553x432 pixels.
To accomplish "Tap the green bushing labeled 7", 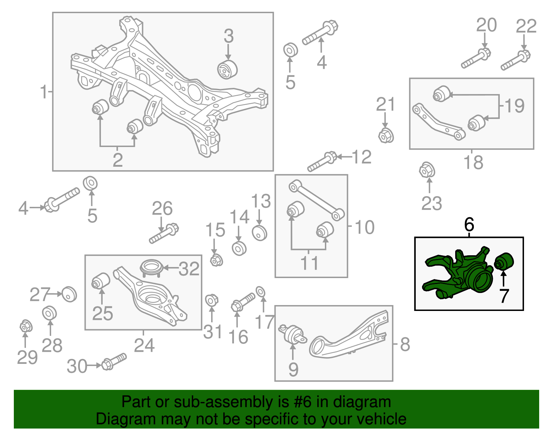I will (x=504, y=261).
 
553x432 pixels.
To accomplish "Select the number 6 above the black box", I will (x=469, y=225).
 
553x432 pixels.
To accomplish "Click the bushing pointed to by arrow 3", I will (x=227, y=69).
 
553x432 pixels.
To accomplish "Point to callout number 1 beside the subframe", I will (x=43, y=92).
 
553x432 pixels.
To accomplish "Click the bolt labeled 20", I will (x=476, y=59).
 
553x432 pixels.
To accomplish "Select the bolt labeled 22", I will (x=516, y=60).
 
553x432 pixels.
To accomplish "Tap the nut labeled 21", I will (x=386, y=135).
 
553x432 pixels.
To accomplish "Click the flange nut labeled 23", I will (x=427, y=170).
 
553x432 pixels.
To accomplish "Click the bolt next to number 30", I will (x=114, y=361).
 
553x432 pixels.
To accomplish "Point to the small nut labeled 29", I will (x=26, y=326).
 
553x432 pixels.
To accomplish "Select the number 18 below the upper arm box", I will (x=473, y=163).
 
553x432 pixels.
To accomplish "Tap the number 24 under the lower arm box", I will (x=144, y=345).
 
